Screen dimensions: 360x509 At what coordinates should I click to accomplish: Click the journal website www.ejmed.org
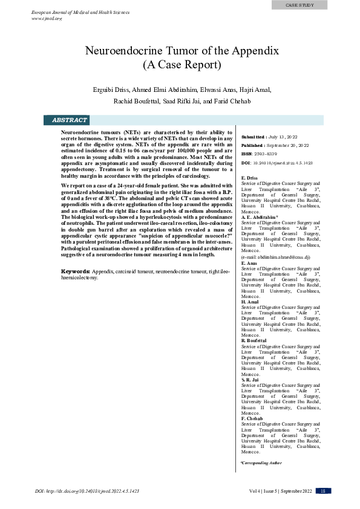point(47,18)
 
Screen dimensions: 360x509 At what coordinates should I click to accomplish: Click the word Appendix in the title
point(254,51)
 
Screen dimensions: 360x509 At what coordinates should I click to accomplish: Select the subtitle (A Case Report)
point(182,64)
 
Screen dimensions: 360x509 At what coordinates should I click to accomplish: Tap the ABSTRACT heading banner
point(70,120)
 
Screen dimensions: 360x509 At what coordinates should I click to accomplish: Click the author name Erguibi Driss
point(111,89)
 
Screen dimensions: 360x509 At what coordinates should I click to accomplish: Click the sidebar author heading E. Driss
point(249,178)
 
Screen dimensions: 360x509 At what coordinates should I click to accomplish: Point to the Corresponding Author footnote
point(261,462)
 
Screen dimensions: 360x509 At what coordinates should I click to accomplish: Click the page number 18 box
point(323,491)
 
